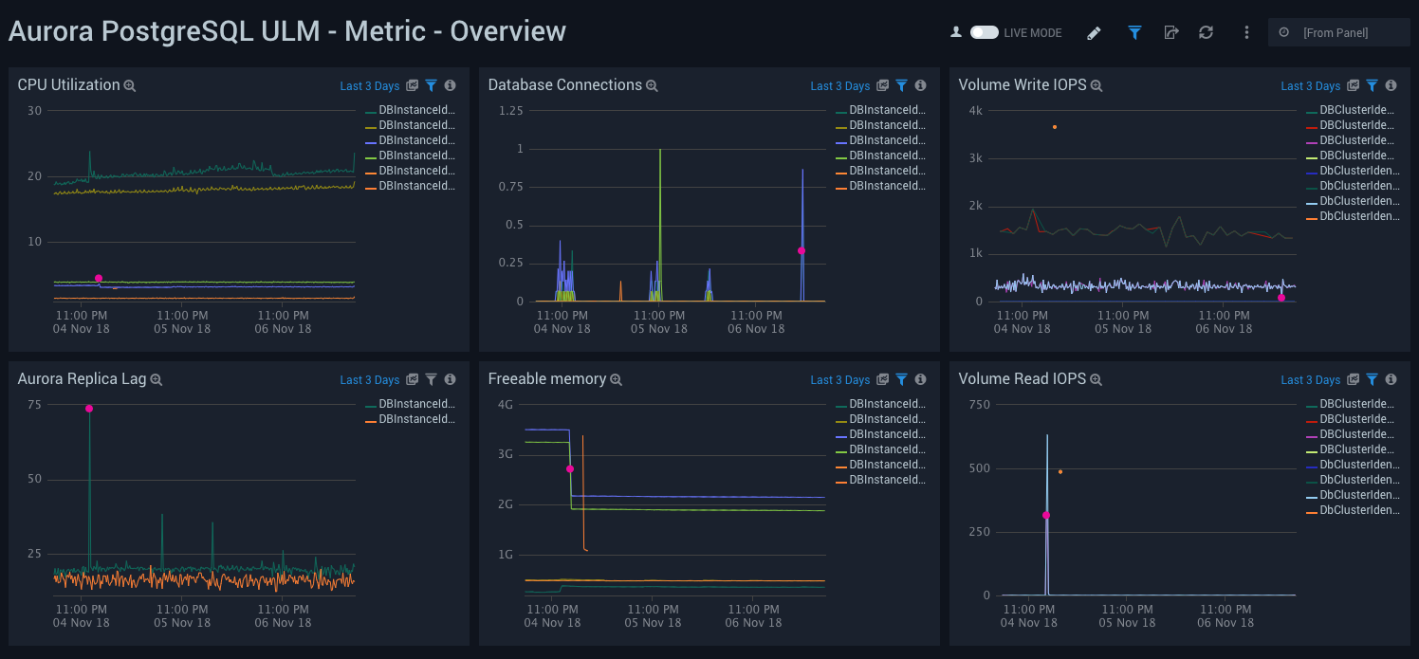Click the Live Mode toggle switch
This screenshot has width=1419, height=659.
(x=984, y=32)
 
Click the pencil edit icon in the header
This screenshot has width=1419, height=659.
(x=1094, y=33)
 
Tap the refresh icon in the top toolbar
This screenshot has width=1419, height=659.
(x=1206, y=32)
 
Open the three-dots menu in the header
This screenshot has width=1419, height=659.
(x=1246, y=32)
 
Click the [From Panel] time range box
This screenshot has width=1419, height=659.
(x=1337, y=33)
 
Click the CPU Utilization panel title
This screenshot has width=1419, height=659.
(x=68, y=85)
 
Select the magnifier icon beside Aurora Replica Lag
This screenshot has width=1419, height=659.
(x=157, y=379)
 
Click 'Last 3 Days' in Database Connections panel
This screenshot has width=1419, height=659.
(x=839, y=86)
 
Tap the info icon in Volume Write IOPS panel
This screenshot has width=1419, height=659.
(x=1391, y=85)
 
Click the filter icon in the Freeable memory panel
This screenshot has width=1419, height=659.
(x=901, y=379)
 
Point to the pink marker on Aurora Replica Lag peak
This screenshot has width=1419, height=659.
(x=89, y=409)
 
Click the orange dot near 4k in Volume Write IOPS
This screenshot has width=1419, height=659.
(x=1054, y=127)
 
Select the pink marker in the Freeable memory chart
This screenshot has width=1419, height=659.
(x=570, y=469)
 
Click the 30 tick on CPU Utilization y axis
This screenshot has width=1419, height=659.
(x=35, y=111)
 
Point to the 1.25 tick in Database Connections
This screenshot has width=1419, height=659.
(x=510, y=111)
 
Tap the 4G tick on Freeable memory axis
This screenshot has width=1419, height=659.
(x=506, y=405)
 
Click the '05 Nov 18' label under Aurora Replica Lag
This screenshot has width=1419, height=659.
(x=182, y=623)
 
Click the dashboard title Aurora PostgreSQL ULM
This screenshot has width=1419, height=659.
(x=286, y=31)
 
